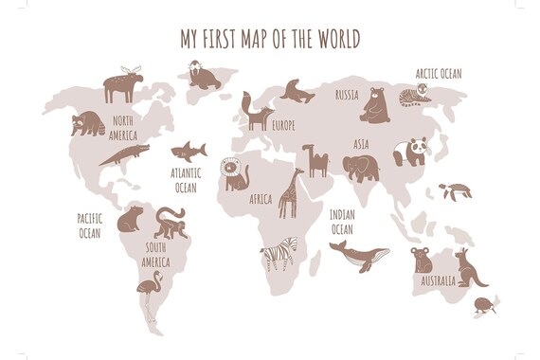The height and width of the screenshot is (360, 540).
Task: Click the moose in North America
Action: click(122, 84)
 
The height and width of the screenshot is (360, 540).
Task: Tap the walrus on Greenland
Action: click(202, 75)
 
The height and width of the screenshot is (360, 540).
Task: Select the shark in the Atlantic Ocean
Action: click(188, 150)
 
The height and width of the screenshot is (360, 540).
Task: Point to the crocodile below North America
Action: click(123, 154)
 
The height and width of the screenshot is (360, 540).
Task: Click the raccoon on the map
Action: click(88, 123)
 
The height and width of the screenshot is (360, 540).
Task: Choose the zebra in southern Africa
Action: click(279, 255)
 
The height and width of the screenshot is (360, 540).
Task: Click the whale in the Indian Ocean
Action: click(359, 253)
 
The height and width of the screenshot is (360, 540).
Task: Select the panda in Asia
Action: click(411, 151)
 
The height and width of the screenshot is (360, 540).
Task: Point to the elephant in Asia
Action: click(360, 168)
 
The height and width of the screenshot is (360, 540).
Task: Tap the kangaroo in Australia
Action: click(470, 267)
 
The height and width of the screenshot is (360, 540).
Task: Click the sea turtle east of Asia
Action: click(455, 190)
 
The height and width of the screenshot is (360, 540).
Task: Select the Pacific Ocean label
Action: click(90, 225)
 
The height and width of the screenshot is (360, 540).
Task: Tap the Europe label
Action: click(284, 125)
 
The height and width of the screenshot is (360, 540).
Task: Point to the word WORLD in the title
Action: click(336, 38)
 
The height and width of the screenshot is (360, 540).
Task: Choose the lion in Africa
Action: click(235, 174)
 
